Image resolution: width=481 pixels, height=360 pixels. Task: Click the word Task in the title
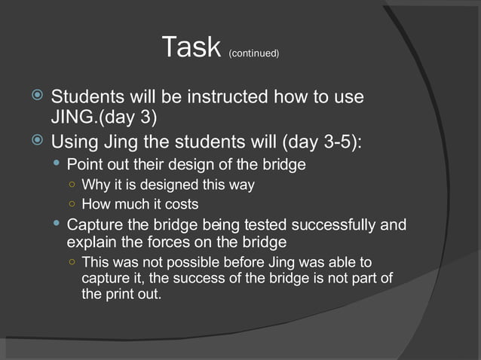click(x=192, y=48)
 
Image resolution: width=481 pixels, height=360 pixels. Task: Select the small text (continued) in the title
click(x=253, y=53)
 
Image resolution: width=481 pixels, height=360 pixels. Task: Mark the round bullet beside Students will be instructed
click(x=38, y=97)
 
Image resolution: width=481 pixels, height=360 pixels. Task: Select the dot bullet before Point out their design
click(x=57, y=163)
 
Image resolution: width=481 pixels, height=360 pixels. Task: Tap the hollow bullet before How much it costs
click(x=70, y=204)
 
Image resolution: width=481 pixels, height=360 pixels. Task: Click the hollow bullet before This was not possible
click(x=70, y=263)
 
